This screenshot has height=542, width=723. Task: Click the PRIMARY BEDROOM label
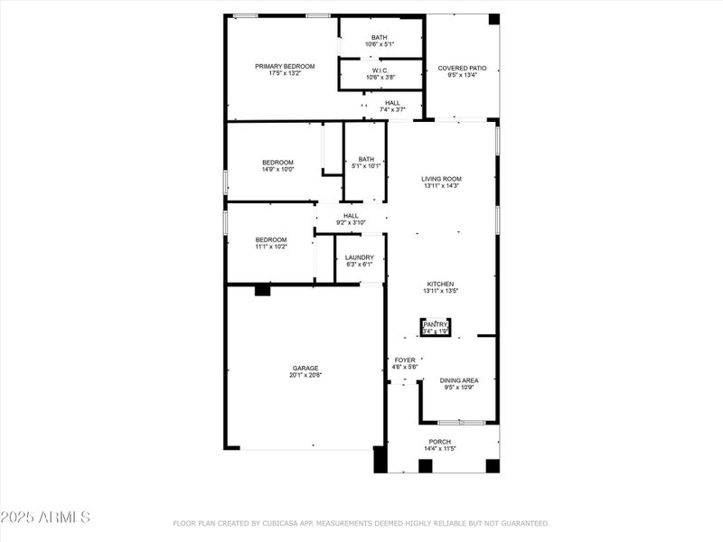click(285, 66)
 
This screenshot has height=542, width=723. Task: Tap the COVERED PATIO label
click(462, 68)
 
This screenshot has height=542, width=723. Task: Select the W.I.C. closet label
click(380, 70)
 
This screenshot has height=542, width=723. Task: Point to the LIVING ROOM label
click(441, 179)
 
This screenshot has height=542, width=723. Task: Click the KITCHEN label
click(441, 284)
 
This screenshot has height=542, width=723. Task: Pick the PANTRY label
click(436, 324)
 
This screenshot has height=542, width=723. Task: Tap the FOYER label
click(405, 360)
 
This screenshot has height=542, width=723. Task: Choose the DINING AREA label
click(459, 380)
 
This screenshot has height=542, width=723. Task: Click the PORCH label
click(440, 442)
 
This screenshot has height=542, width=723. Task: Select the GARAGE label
click(305, 368)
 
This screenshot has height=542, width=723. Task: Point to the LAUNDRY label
click(359, 257)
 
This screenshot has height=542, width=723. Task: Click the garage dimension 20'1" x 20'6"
click(305, 375)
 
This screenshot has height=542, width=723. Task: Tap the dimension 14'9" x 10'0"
click(278, 170)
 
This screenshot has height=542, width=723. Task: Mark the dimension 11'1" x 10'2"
click(271, 247)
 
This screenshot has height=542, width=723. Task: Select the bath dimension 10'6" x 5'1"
click(380, 44)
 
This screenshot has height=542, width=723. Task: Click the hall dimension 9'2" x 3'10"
click(351, 223)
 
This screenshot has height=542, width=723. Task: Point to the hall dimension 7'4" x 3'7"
click(392, 110)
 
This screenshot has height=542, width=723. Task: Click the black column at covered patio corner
click(493, 19)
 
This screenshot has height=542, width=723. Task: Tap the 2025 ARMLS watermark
click(45, 518)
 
